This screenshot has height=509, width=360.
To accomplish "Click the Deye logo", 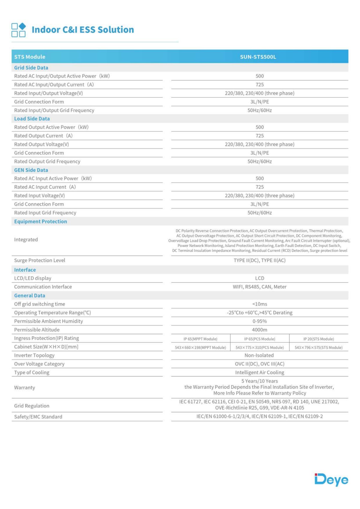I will tap(331, 479).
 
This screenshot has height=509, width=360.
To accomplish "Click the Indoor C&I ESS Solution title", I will tap(83, 30).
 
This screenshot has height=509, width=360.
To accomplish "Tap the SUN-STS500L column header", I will tap(258, 57).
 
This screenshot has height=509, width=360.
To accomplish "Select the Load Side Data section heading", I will tap(32, 119).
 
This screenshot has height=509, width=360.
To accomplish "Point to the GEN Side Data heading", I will tap(31, 170).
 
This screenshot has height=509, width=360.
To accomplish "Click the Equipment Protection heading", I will tap(40, 222).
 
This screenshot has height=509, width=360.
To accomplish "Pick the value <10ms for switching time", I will tap(259, 304).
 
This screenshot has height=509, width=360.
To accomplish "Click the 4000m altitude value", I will tap(259, 330).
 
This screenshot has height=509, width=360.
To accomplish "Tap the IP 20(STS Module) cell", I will tap(319, 339).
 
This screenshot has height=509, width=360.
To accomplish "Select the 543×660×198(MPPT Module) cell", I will tap(200, 347).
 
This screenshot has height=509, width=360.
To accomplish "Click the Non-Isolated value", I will tap(259, 355).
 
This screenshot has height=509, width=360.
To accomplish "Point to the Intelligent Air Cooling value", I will tap(259, 372).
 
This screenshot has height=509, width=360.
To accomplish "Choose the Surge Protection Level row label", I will tap(40, 260).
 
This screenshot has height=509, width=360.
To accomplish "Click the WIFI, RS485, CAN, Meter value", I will tap(259, 287).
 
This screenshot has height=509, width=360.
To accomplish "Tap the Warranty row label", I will tap(25, 387).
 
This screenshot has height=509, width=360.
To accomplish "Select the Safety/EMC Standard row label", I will tap(38, 417).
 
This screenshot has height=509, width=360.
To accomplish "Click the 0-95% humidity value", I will tap(259, 321).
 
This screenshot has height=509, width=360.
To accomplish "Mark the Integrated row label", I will tap(26, 240).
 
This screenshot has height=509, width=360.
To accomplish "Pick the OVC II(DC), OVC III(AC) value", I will tap(259, 364).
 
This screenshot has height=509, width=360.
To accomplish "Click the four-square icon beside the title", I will tap(19, 30).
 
